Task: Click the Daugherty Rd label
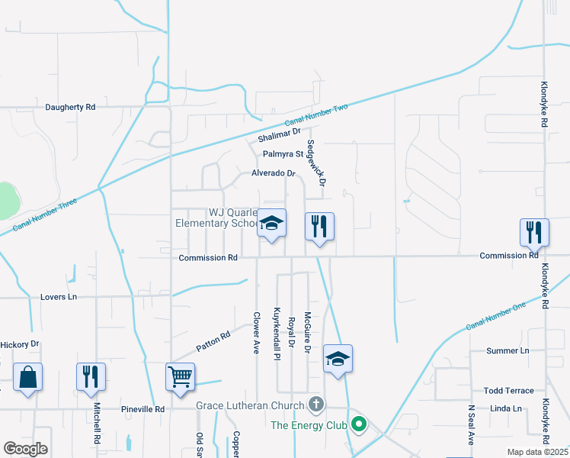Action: tap(70, 108)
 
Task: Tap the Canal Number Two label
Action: tap(316, 115)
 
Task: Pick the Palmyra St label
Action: tap(283, 154)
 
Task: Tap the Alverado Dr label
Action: tap(273, 173)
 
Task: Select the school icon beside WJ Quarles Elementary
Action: tap(271, 224)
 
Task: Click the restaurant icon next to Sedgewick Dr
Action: tap(319, 226)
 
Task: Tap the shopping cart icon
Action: tap(180, 376)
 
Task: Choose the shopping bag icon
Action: tap(27, 377)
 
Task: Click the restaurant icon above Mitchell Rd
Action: tap(91, 376)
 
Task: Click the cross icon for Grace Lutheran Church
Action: tap(316, 405)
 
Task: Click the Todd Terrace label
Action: tap(508, 390)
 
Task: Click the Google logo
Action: tap(25, 449)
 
